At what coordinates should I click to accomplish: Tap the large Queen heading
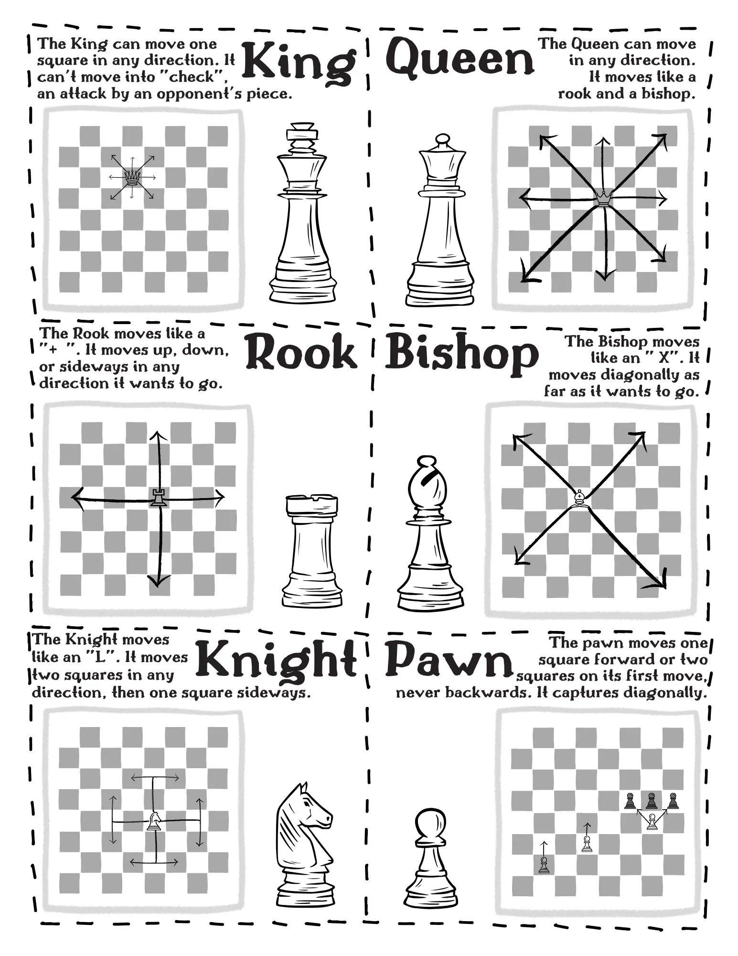coord(460,57)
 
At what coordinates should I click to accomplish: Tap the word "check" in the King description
coord(195,77)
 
